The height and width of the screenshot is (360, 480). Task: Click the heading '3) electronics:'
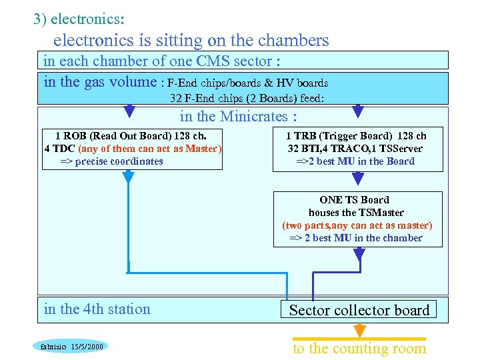pos(79,18)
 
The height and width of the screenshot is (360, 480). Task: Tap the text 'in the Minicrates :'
pos(238,117)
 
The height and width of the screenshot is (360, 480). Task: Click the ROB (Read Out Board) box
pos(133,148)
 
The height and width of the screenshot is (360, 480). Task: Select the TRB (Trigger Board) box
pos(356,148)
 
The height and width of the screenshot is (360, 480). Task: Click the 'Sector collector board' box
pos(359,310)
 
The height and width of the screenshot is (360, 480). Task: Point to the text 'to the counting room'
pos(359,348)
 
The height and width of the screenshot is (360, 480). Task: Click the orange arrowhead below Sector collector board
pos(360,331)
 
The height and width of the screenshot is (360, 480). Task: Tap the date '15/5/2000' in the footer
pos(86,347)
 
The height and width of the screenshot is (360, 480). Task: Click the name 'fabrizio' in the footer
pos(49,347)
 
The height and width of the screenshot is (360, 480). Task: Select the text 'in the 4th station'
pos(97,309)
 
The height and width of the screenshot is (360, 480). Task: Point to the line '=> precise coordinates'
pos(112,161)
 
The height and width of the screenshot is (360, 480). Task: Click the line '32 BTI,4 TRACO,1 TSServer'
pos(355,149)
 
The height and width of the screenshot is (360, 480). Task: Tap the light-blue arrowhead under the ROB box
pos(128,177)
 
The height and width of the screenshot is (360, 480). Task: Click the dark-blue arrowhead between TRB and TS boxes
pos(359,179)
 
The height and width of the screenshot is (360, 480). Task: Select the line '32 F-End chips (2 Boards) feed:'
pos(247,98)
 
